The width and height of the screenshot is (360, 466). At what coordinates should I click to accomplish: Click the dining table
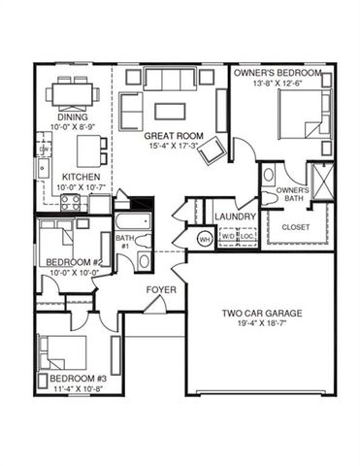pyautogui.click(x=77, y=95)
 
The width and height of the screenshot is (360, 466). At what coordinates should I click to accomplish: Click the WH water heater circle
pyautogui.click(x=206, y=238)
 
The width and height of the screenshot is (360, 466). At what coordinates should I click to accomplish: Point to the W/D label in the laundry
pyautogui.click(x=227, y=235)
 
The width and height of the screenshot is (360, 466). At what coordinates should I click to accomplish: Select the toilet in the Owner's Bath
pyautogui.click(x=267, y=178)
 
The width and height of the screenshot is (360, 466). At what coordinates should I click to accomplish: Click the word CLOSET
pyautogui.click(x=297, y=227)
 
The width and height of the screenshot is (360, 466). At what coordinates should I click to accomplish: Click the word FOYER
pyautogui.click(x=161, y=290)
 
